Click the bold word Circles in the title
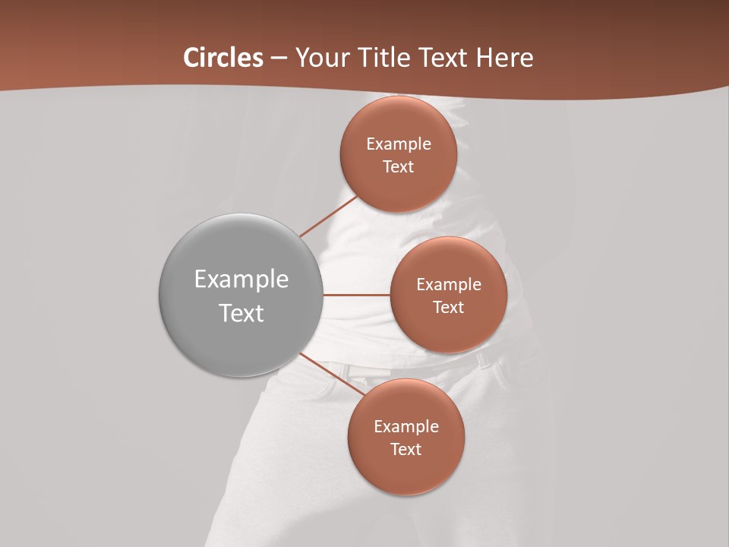[x=223, y=58]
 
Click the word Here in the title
[x=504, y=58]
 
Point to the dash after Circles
[x=279, y=58]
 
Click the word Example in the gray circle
[x=241, y=280]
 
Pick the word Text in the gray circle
[x=241, y=313]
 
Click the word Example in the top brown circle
[x=399, y=144]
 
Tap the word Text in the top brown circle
[x=398, y=167]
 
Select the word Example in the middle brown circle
[x=449, y=285]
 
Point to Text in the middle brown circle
[x=448, y=308]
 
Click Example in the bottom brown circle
[x=406, y=427]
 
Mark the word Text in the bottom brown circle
[x=406, y=450]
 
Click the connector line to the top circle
[x=328, y=216]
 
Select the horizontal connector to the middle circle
[x=357, y=295]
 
